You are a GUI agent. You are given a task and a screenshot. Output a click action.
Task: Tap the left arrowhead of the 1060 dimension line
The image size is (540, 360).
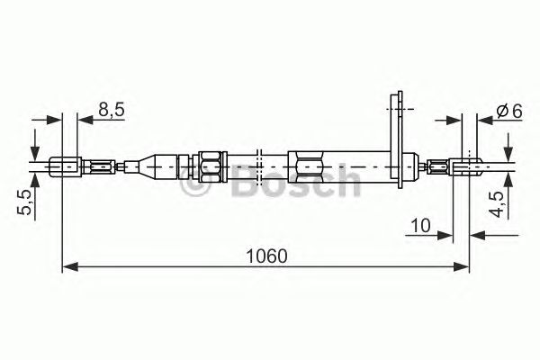click(68, 266)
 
